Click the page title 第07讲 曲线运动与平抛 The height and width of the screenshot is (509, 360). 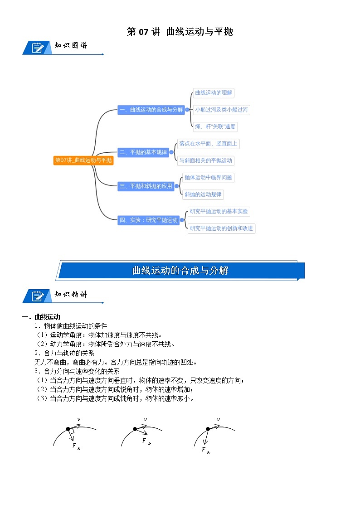click(x=180, y=32)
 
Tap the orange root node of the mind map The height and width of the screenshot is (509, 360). click(x=83, y=160)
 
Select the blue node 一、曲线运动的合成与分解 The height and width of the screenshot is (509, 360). click(x=151, y=110)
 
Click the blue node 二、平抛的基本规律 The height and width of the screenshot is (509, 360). click(x=143, y=152)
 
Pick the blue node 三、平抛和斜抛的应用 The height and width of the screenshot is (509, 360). click(x=146, y=186)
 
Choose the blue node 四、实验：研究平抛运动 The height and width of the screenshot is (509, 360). click(x=148, y=220)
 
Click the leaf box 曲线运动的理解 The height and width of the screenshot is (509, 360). click(x=213, y=93)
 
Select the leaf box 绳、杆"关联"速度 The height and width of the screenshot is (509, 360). click(x=213, y=127)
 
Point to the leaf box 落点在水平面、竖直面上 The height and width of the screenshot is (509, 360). click(x=208, y=144)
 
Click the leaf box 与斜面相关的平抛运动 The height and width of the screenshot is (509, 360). click(x=205, y=160)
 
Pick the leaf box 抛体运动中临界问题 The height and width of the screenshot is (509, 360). click(x=208, y=178)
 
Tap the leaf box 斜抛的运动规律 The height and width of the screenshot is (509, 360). click(x=203, y=194)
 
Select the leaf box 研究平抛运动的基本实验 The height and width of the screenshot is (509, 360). click(x=219, y=211)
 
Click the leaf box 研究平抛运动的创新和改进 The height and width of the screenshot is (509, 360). click(x=222, y=228)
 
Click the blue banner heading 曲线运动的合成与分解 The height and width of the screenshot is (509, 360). click(x=180, y=271)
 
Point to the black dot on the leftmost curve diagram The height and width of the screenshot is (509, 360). click(x=68, y=429)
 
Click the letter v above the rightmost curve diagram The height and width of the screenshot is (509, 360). click(x=218, y=419)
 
